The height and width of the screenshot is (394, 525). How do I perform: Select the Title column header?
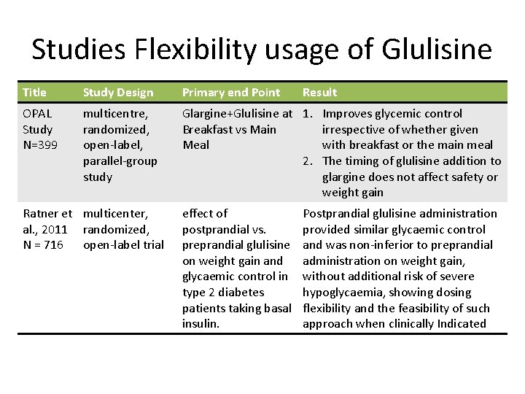pos(34,93)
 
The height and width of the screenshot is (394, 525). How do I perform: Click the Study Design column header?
pos(118,93)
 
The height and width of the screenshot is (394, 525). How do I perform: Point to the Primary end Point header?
pos(230,93)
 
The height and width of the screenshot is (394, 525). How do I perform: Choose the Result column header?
pos(319,93)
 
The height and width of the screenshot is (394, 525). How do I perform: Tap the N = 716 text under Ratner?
pos(43,245)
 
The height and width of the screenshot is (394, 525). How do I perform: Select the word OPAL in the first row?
pos(37,114)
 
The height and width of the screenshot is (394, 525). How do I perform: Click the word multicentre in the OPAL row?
pos(115,114)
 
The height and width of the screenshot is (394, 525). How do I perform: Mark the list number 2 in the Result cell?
pos(308,161)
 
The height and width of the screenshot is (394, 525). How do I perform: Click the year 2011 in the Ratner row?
pos(53,229)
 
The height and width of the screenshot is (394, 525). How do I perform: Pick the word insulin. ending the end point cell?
pos(201,324)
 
